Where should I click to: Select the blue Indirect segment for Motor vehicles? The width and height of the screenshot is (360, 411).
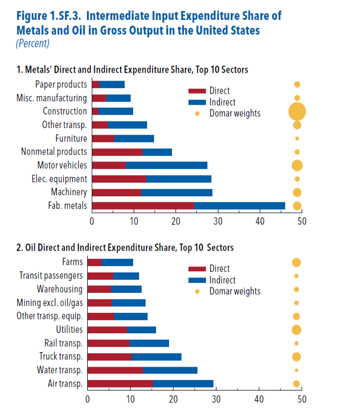click(166, 165)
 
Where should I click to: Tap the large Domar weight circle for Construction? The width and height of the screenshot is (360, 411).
click(297, 111)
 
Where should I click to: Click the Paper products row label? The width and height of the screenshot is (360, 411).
click(61, 85)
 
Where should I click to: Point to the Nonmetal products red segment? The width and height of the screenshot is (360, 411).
click(117, 152)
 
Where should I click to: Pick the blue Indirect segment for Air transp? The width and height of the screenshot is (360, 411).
click(183, 384)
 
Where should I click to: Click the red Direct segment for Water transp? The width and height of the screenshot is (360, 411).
click(115, 370)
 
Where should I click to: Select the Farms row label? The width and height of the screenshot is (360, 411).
click(72, 262)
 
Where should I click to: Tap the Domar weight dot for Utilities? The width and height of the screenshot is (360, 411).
click(296, 330)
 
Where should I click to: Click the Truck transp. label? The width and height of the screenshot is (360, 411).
click(61, 357)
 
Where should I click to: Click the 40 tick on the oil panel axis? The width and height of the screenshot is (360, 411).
click(259, 399)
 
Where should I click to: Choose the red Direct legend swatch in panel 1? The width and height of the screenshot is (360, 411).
click(197, 91)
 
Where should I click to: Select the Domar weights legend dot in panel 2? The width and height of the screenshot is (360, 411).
click(197, 291)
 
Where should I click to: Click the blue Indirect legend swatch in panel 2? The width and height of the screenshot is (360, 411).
click(197, 280)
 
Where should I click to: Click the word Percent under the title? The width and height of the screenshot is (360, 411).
click(32, 43)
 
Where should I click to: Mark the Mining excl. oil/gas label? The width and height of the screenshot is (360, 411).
click(49, 302)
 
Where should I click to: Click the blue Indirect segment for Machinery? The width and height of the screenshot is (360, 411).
click(177, 192)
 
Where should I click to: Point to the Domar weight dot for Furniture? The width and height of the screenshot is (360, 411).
click(297, 138)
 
